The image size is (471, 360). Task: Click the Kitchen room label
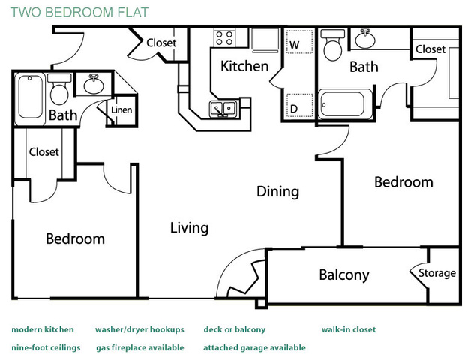pyautogui.click(x=244, y=66)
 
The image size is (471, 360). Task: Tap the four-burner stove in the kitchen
pyautogui.click(x=224, y=38)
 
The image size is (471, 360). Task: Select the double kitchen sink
pyautogui.click(x=223, y=109)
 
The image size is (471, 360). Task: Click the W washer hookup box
pyautogui.click(x=299, y=42)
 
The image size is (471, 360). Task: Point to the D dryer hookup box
pyautogui.click(x=299, y=105)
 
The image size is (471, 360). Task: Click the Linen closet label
pyautogui.click(x=121, y=110)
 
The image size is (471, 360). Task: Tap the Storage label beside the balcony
pyautogui.click(x=437, y=273)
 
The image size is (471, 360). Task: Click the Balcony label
pyautogui.click(x=344, y=274)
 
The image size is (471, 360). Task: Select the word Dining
pyautogui.click(x=277, y=192)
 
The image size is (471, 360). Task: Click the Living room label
pyautogui.click(x=189, y=228)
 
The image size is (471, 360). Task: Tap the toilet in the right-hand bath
pyautogui.click(x=333, y=44)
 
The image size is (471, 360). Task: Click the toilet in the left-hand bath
pyautogui.click(x=59, y=89)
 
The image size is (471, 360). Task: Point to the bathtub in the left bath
pyautogui.click(x=30, y=97)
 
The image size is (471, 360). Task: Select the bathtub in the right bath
pyautogui.click(x=346, y=104)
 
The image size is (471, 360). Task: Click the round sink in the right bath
pyautogui.click(x=365, y=39)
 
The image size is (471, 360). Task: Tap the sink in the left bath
pyautogui.click(x=94, y=84)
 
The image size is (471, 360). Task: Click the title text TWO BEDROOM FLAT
pyautogui.click(x=79, y=12)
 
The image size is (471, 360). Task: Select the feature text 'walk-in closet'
pyautogui.click(x=349, y=329)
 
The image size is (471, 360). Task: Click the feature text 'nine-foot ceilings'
pyautogui.click(x=46, y=348)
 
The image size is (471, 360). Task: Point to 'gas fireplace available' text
pyautogui.click(x=140, y=348)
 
